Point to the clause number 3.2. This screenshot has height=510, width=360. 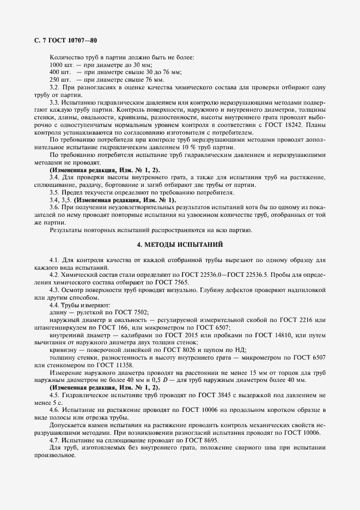[54, 87]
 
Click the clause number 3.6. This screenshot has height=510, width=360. [54, 208]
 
